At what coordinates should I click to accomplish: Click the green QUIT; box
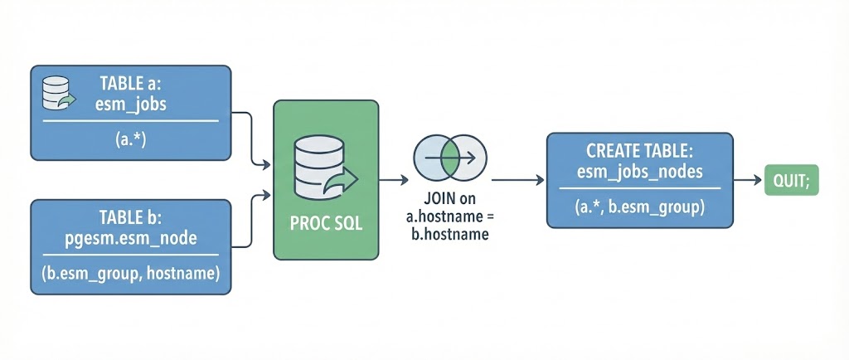click(x=790, y=179)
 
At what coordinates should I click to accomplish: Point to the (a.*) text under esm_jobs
click(x=130, y=138)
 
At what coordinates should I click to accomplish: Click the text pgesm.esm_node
click(x=131, y=239)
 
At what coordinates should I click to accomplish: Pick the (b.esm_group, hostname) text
click(x=130, y=275)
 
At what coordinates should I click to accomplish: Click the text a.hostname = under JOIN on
click(x=449, y=217)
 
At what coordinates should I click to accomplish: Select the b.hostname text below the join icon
click(x=449, y=234)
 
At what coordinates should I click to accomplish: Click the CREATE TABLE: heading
click(x=639, y=152)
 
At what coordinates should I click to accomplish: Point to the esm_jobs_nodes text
click(x=639, y=172)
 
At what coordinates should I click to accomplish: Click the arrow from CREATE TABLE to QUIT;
click(x=747, y=179)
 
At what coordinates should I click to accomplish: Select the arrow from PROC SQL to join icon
click(x=394, y=179)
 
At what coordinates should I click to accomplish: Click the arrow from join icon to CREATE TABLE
click(x=518, y=179)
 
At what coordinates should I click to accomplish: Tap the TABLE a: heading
click(x=131, y=83)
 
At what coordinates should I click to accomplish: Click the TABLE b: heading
click(x=131, y=219)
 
